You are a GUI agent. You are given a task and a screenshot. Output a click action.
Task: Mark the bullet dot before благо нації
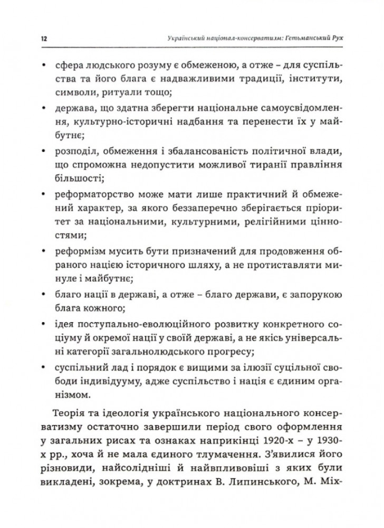[42, 295]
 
